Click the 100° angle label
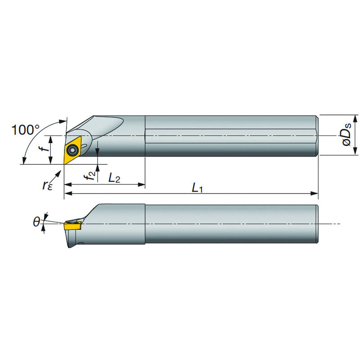25,130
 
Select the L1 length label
197,188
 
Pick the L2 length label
114,178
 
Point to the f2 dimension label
90,174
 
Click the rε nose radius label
47,185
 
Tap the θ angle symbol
36,222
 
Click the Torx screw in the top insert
72,150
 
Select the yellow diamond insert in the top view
72,150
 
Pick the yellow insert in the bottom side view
72,225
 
